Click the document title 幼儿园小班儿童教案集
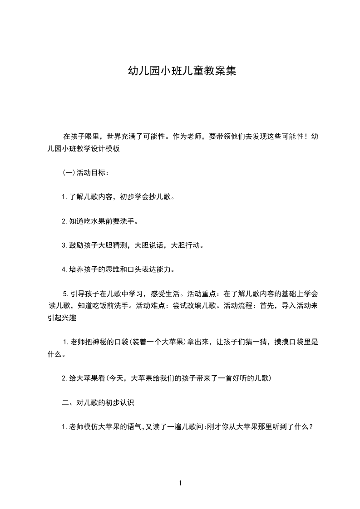182,71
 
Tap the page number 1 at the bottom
180,483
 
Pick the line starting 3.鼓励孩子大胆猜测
133,245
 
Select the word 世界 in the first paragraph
114,136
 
